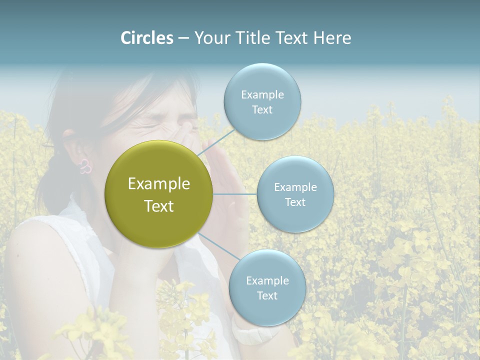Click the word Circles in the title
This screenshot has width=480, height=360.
tap(147, 38)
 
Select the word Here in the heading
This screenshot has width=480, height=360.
tap(332, 38)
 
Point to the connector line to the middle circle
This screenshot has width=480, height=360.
tap(235, 194)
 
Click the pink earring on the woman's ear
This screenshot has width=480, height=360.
tap(85, 167)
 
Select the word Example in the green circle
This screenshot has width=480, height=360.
tap(159, 184)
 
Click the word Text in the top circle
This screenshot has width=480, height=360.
tap(262, 110)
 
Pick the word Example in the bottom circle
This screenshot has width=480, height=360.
tap(267, 281)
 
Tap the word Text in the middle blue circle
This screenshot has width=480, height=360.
tap(295, 202)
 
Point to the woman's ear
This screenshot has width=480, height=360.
tap(75, 150)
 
